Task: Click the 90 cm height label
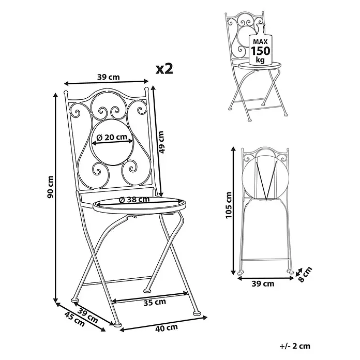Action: (x=51, y=187)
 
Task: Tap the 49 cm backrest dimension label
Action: (x=161, y=142)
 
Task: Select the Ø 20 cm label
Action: (x=112, y=137)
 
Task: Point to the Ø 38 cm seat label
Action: (x=134, y=200)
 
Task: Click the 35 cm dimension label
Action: (x=155, y=302)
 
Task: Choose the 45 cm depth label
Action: (x=74, y=319)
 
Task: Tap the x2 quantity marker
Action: (x=164, y=69)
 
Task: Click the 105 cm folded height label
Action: (x=229, y=205)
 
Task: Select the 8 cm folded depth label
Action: (x=306, y=274)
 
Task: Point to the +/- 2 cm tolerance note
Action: (x=295, y=346)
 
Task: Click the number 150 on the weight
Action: (x=260, y=51)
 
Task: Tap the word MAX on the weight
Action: (x=260, y=41)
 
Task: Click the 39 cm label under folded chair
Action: (x=263, y=284)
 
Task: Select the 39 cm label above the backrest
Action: (x=109, y=77)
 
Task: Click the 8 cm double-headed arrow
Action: (x=298, y=272)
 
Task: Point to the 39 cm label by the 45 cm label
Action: (x=87, y=316)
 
